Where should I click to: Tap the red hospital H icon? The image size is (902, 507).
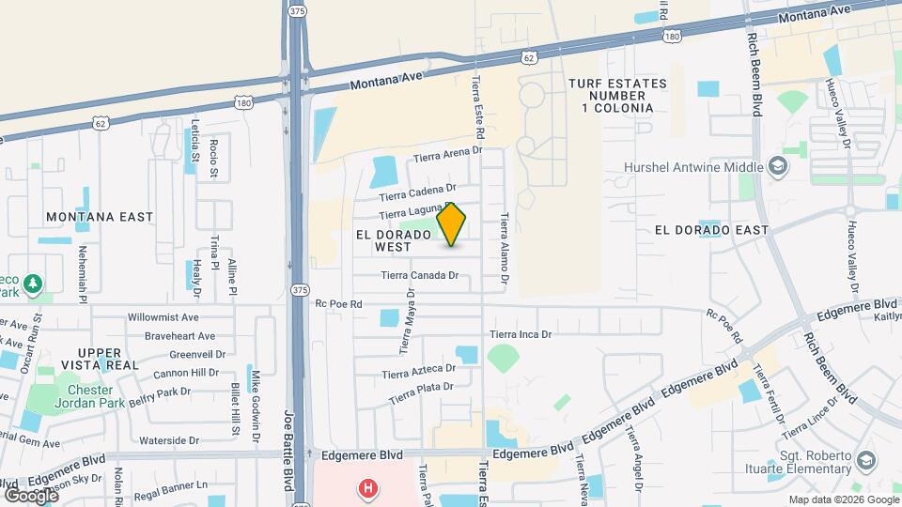368,489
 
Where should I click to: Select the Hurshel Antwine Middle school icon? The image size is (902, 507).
778,167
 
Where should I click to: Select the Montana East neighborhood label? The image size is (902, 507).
100,217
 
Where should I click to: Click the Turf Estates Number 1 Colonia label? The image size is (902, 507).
616,96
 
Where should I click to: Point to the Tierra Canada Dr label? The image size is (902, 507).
419,275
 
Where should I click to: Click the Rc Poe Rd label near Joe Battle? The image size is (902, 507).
338,304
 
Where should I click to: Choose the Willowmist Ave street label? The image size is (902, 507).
163,317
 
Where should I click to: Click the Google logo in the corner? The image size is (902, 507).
31,494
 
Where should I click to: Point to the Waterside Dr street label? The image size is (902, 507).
169,439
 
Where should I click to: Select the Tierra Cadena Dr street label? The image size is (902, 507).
418,192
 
